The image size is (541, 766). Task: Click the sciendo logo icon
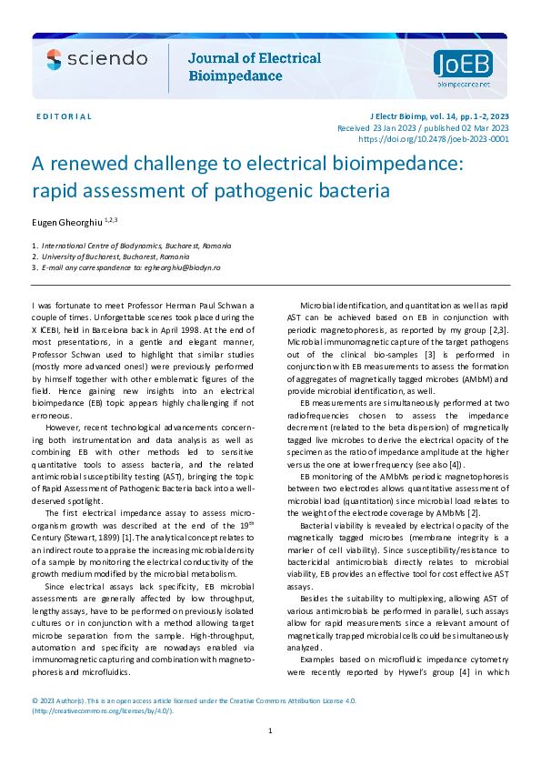[x=55, y=59]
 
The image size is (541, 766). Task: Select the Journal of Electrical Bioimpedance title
[x=254, y=67]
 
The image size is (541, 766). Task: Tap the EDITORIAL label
[x=65, y=117]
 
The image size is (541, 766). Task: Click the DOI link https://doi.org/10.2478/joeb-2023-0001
[x=434, y=140]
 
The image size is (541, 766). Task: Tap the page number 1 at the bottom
[x=270, y=731]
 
